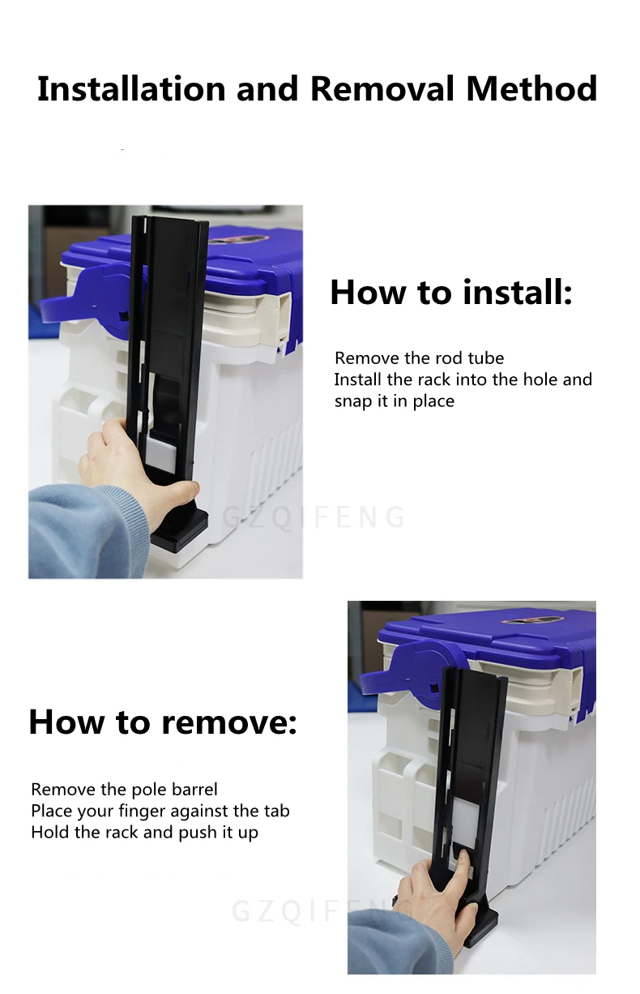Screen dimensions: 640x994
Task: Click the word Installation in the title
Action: (x=131, y=88)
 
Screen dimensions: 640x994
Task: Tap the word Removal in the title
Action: (x=382, y=88)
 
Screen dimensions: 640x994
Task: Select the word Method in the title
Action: (x=531, y=88)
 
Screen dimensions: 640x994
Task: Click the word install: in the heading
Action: (x=517, y=292)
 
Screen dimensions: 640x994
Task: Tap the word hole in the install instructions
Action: (x=538, y=379)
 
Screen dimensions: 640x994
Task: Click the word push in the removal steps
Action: (x=198, y=833)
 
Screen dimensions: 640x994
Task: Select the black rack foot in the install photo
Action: (x=180, y=528)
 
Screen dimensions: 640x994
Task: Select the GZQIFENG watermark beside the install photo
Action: (x=314, y=517)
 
